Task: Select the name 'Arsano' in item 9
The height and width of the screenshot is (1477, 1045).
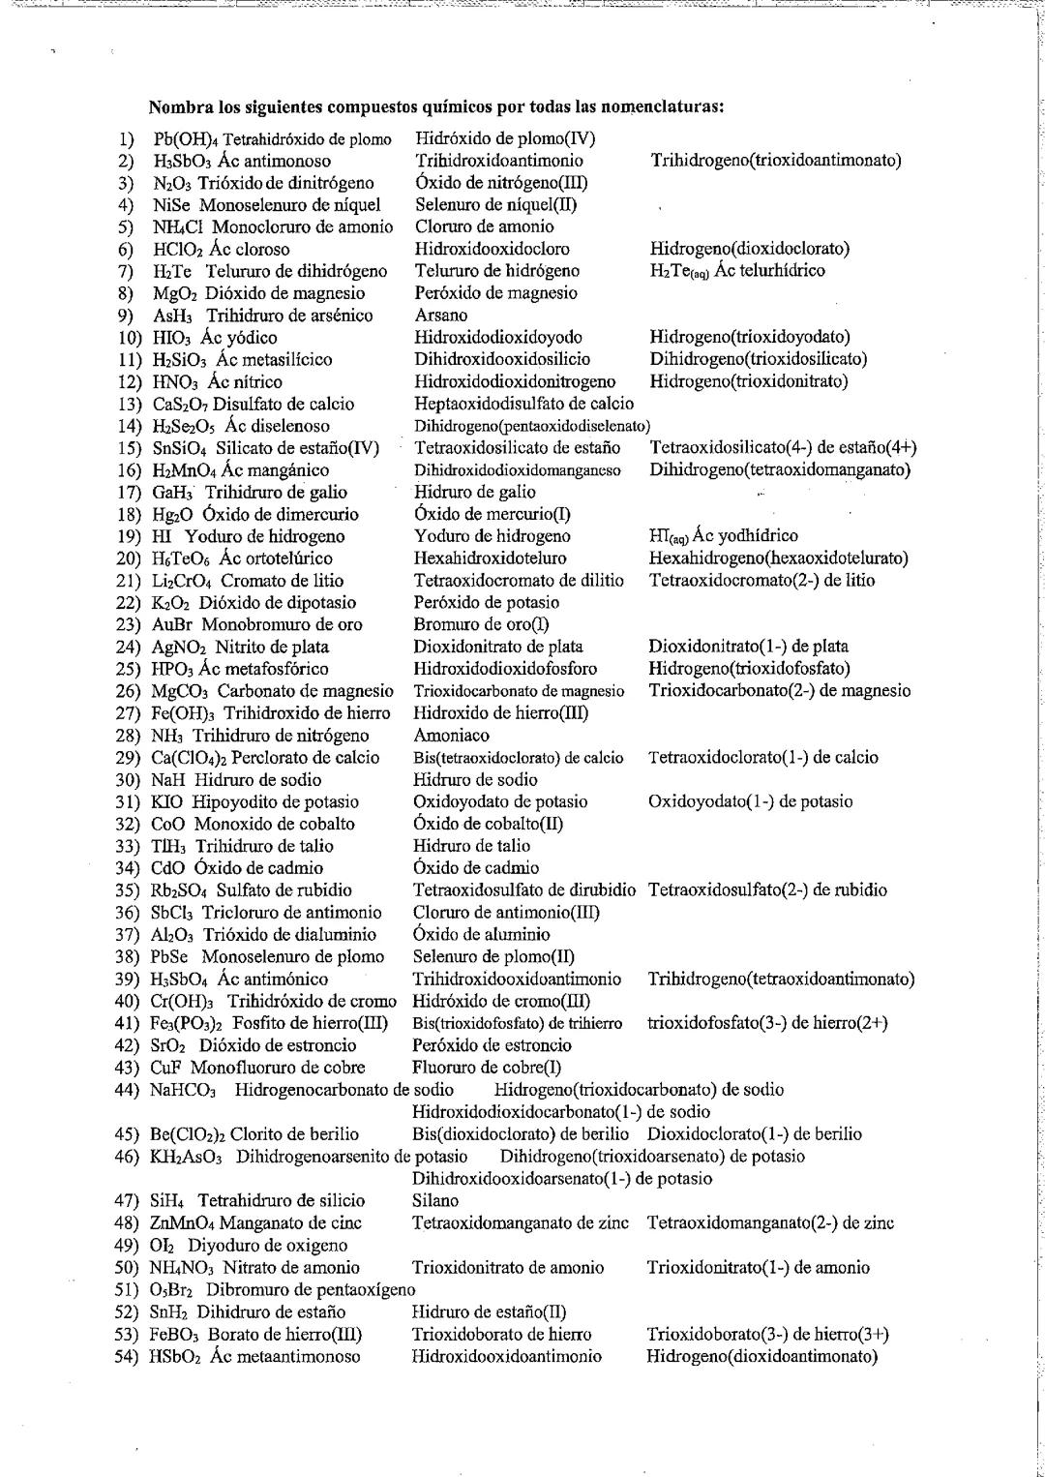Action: click(440, 316)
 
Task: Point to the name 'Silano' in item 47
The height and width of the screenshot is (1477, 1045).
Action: click(435, 1201)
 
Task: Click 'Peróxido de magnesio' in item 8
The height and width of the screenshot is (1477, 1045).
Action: click(495, 293)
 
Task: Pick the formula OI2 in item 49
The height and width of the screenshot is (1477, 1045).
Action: click(163, 1246)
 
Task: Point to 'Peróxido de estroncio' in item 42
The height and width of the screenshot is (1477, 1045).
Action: click(492, 1045)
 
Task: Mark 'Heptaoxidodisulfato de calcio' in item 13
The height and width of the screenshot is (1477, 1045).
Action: click(523, 404)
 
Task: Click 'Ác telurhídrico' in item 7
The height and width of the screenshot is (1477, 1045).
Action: click(769, 271)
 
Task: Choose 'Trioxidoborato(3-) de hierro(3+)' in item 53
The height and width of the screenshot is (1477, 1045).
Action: click(767, 1335)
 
